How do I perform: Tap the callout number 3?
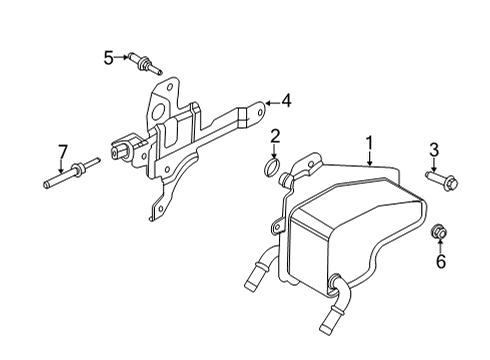(434, 151)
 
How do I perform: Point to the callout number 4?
(286, 100)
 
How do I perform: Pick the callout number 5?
(108, 58)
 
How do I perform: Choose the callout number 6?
(438, 263)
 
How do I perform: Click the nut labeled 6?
(437, 234)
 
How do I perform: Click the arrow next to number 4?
(270, 100)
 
